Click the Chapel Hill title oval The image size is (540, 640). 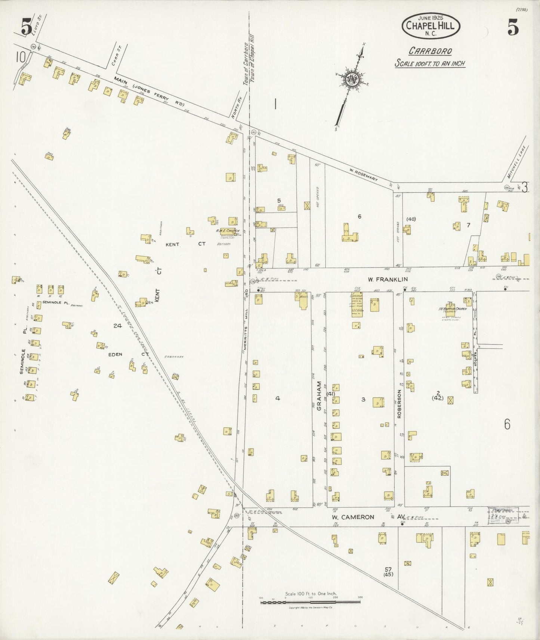[x=431, y=25]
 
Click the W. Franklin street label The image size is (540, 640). [x=388, y=279]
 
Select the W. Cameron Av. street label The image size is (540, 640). [x=364, y=517]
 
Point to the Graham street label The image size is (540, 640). [x=320, y=396]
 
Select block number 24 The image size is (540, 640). [x=118, y=326]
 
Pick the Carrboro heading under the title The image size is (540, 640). [x=430, y=51]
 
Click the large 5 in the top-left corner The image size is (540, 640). [x=26, y=27]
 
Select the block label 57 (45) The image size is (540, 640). [x=389, y=572]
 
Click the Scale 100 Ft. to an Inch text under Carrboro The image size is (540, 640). [x=430, y=63]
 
